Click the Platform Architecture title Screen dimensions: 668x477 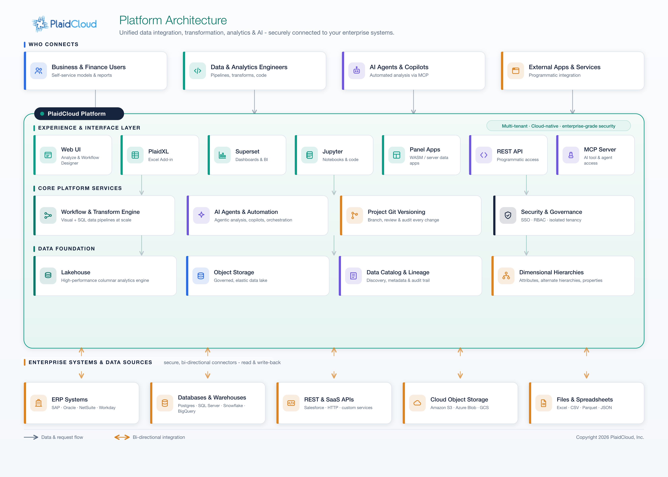tap(173, 20)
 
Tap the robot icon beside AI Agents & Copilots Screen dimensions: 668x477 tap(357, 71)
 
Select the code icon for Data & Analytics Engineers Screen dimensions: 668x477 tap(197, 71)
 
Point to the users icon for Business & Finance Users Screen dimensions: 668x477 tap(39, 71)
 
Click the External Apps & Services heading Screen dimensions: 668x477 tap(564, 67)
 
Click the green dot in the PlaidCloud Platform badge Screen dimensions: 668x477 tap(42, 114)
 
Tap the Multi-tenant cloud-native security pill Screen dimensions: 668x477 tap(558, 126)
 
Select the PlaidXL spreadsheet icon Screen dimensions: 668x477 tap(135, 155)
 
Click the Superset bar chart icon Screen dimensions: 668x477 tap(222, 155)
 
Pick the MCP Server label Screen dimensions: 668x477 tap(600, 149)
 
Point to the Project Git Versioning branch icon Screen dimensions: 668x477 tap(354, 215)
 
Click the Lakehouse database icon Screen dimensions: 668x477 tap(48, 275)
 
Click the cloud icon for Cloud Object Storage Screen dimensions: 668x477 tap(417, 403)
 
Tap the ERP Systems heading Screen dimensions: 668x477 tap(70, 399)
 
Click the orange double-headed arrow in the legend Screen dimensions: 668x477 tap(122, 437)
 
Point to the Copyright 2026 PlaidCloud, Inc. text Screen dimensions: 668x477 tap(610, 437)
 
